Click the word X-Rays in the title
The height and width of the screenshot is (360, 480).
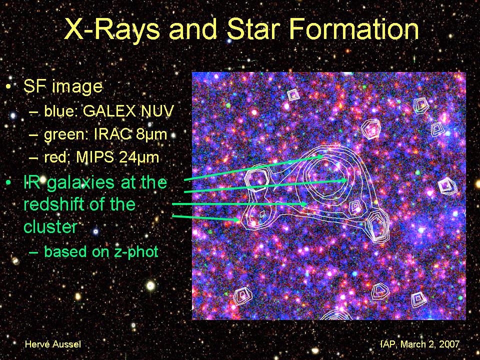[111, 29]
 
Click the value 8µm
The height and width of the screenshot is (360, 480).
[151, 134]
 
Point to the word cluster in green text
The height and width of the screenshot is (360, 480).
[50, 226]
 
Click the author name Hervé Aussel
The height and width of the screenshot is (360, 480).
[53, 344]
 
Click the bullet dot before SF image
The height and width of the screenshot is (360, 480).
[9, 87]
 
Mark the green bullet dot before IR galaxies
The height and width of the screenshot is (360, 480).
[9, 183]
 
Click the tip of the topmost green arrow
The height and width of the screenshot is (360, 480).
[323, 156]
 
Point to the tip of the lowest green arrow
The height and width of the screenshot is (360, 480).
[239, 220]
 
